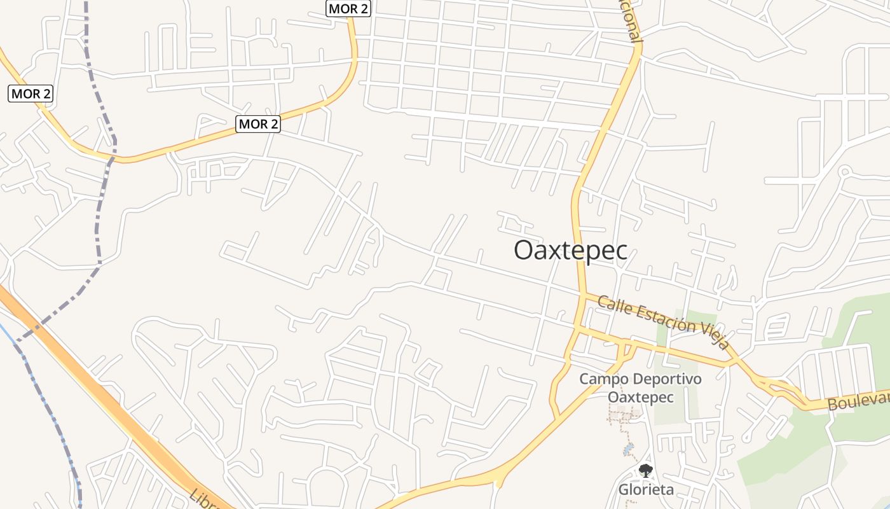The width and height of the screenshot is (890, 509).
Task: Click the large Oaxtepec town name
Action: [570, 251]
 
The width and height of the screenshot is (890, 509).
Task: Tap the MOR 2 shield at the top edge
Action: [348, 8]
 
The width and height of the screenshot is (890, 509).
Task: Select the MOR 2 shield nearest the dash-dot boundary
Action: [31, 94]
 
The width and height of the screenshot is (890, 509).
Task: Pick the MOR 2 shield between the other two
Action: [257, 124]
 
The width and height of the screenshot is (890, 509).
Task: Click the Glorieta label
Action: [646, 490]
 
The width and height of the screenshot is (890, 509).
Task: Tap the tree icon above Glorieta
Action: [646, 471]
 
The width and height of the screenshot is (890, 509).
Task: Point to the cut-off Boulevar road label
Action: [858, 401]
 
